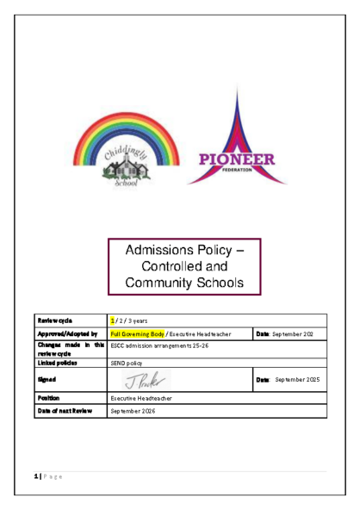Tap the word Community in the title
pyautogui.click(x=157, y=282)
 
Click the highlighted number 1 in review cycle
pyautogui.click(x=113, y=320)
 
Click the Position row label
pyautogui.click(x=47, y=398)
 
